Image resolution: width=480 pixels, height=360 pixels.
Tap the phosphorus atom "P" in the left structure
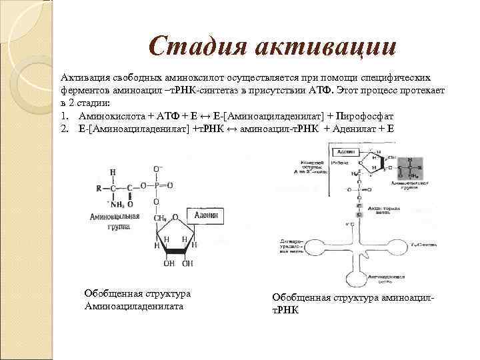156,185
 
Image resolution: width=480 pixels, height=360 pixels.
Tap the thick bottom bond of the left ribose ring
175,252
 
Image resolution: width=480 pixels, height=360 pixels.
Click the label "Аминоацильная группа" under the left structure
114,222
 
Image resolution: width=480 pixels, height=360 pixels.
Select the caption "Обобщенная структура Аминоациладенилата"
137,300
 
